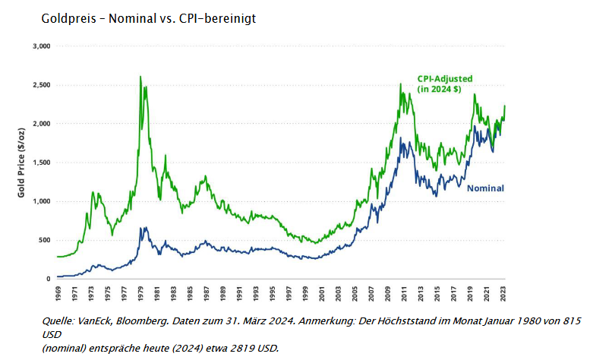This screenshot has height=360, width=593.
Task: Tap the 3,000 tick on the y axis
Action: coord(40,46)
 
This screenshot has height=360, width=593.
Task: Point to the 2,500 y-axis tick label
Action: coord(40,85)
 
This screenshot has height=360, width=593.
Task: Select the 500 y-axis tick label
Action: coord(43,240)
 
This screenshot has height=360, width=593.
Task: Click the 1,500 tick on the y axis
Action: coord(40,163)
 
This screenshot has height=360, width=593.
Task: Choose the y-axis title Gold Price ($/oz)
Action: coord(23,163)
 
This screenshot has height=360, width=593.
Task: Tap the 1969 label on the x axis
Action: coord(58,292)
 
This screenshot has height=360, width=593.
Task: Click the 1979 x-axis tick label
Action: coord(141,292)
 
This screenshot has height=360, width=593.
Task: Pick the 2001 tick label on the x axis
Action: coord(323,292)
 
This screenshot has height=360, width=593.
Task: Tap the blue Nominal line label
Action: coord(485,188)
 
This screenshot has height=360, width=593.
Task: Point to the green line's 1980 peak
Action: coord(140,77)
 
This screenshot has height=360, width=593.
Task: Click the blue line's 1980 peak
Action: coord(141,227)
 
